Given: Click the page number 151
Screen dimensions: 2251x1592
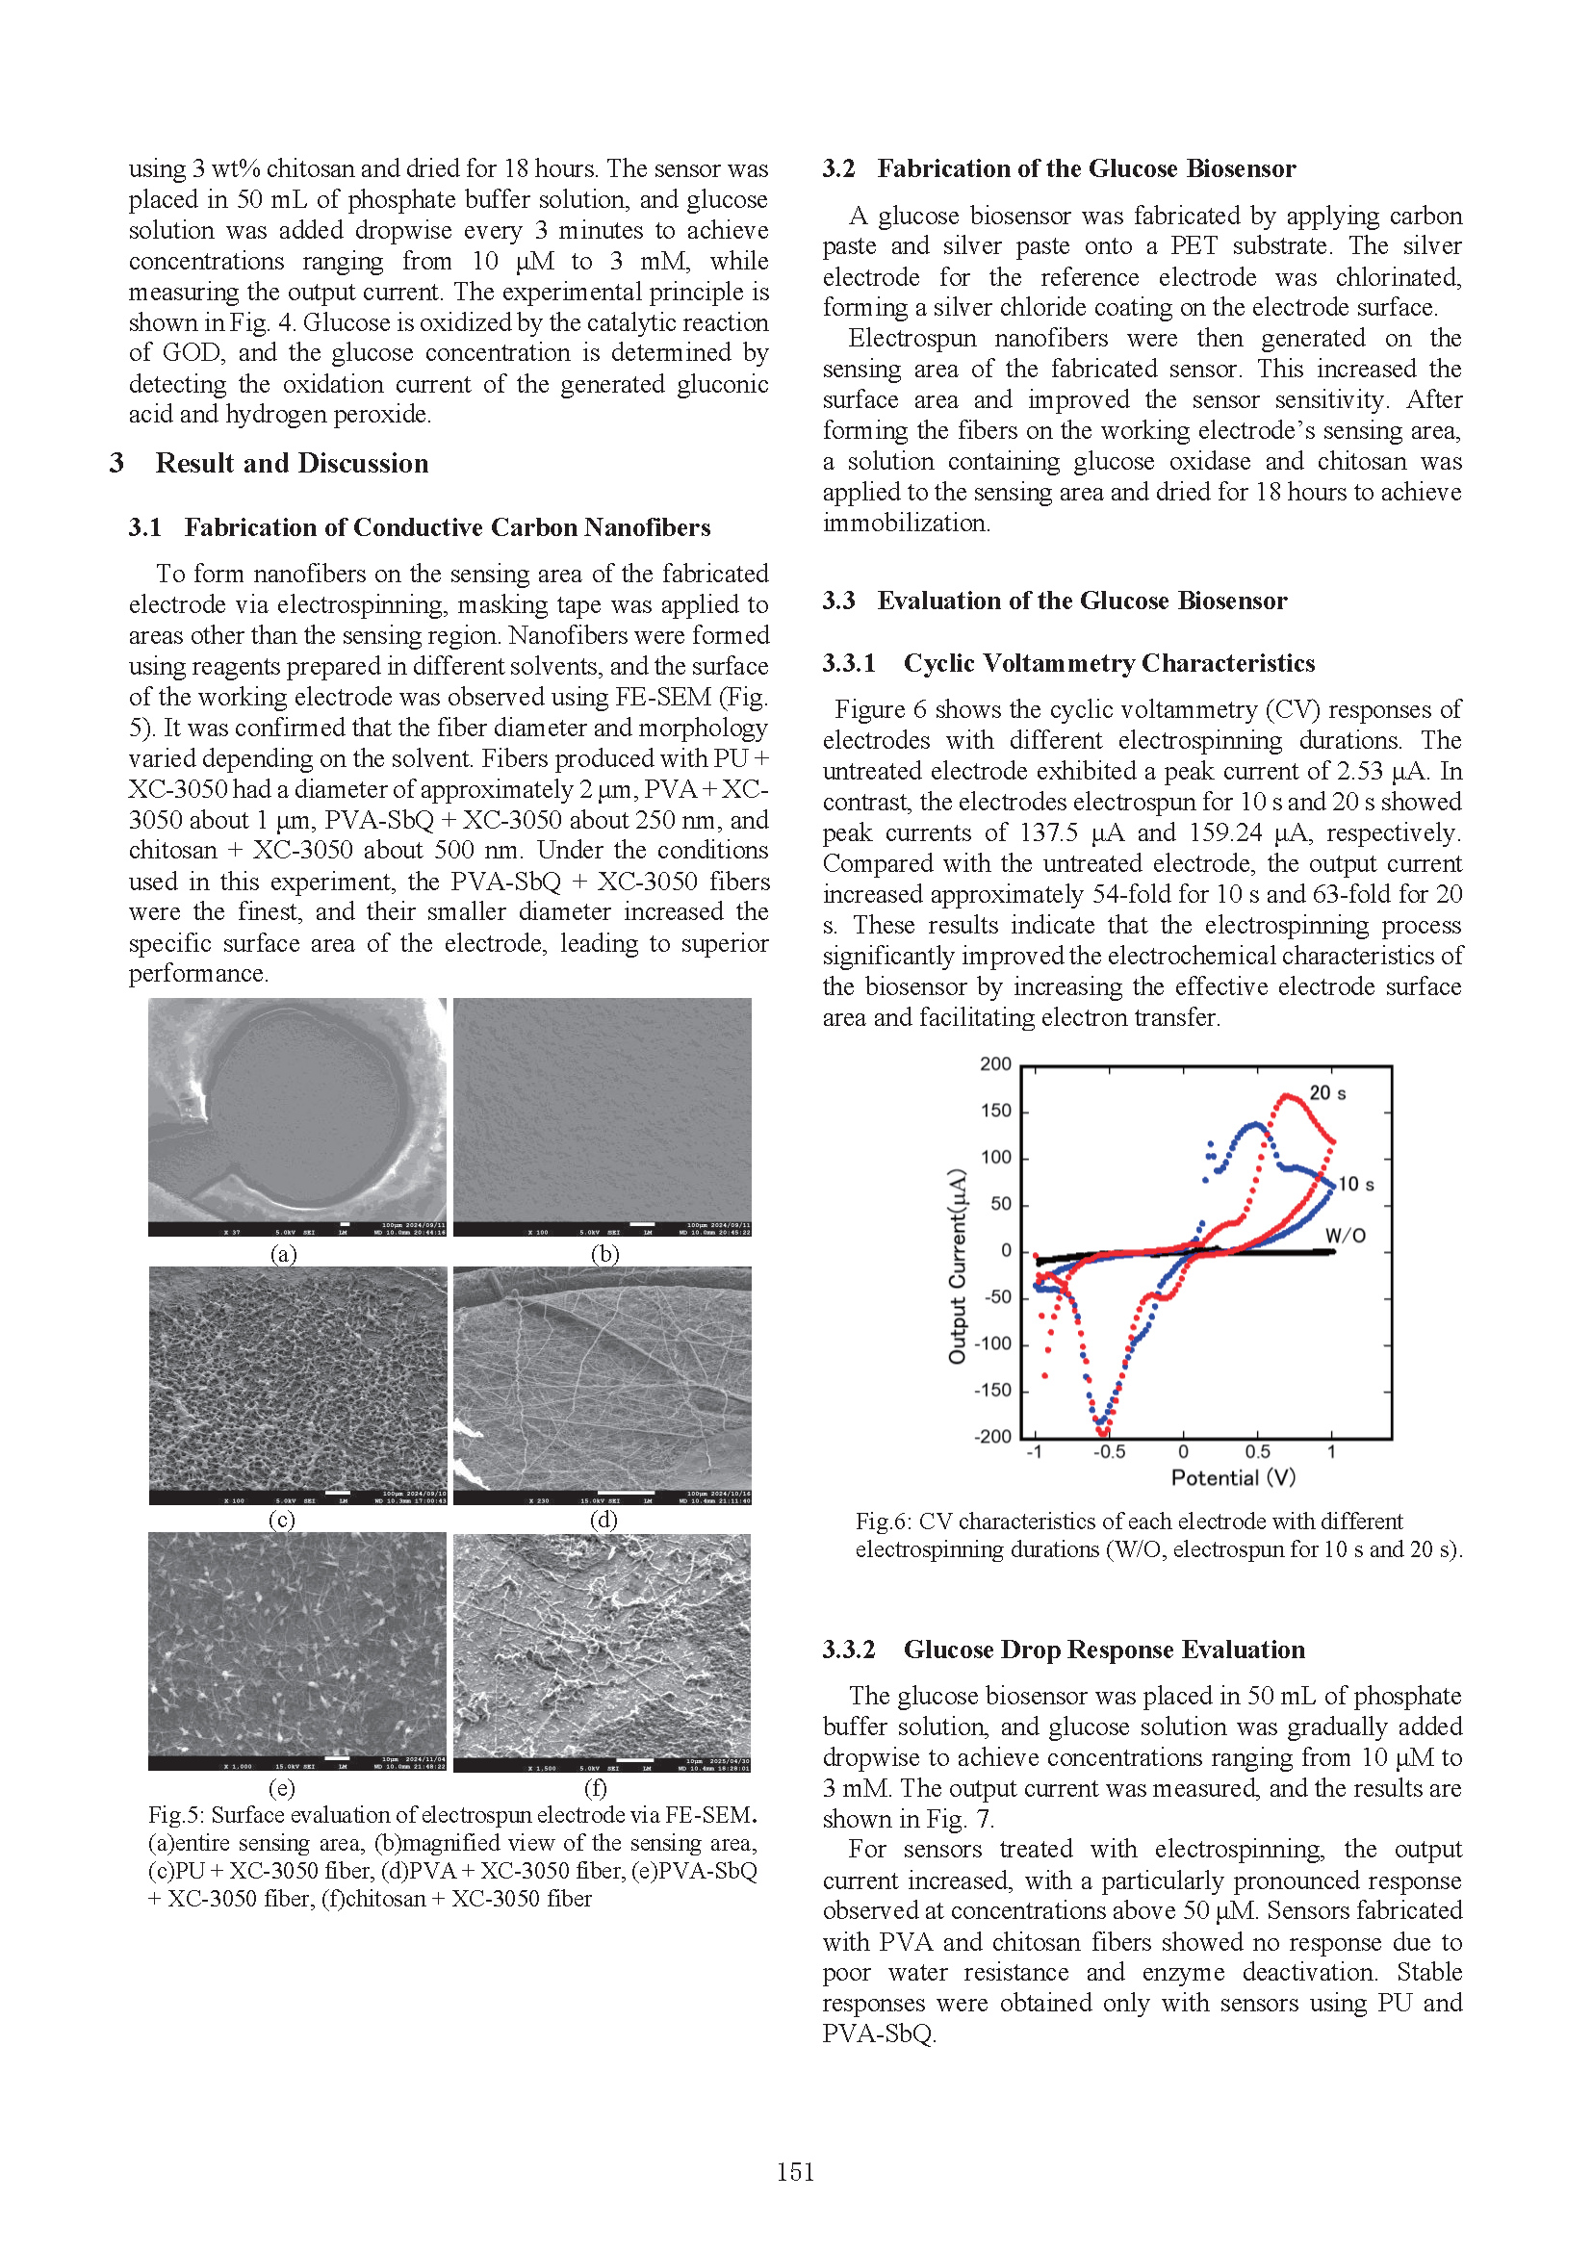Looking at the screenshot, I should point(795,2171).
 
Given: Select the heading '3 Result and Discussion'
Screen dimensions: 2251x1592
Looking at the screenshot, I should point(269,463).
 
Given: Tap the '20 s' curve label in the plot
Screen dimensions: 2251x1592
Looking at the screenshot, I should point(1327,1093).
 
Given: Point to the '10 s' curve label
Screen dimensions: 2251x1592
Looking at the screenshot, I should point(1356,1185).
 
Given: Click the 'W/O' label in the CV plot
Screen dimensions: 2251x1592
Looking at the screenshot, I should point(1345,1236).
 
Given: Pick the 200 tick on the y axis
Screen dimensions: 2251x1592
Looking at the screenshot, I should point(995,1063).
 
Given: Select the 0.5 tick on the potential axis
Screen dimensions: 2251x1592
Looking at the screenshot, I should point(1258,1452).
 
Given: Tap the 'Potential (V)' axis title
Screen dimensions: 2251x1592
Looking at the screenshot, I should point(1233,1477).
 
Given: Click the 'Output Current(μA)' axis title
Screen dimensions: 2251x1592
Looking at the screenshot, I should point(957,1266).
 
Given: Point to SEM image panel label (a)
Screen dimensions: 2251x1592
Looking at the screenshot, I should point(283,1254).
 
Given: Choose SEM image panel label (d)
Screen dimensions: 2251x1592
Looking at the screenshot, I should point(603,1520).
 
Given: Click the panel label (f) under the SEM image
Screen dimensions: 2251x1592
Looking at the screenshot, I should point(595,1787).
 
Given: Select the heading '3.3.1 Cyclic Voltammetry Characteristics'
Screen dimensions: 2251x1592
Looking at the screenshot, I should point(1068,664).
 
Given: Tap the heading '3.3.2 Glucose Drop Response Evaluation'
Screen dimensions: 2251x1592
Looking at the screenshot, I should point(1064,1650).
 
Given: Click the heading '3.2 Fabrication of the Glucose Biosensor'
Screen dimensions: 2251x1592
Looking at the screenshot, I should point(1059,168).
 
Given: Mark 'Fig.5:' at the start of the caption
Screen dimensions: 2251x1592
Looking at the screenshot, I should point(176,1815).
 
